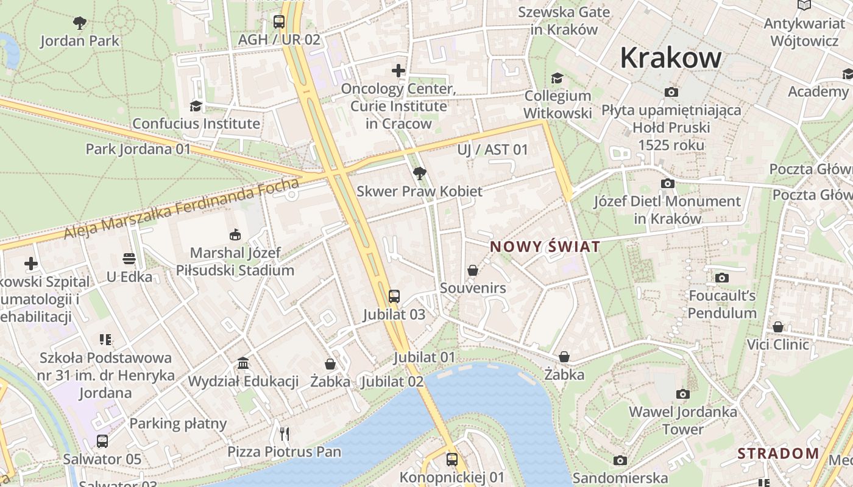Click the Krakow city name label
[671, 58]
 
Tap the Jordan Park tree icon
[79, 24]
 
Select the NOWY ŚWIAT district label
[545, 247]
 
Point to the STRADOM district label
[778, 454]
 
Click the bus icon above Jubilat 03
[394, 296]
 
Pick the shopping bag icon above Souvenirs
[473, 270]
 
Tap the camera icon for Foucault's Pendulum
[722, 278]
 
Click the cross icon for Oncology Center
[398, 71]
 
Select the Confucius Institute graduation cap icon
[196, 106]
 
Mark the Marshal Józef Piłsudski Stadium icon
[235, 234]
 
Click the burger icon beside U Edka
[129, 259]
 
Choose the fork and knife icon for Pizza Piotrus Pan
[284, 433]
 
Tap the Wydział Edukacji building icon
[243, 363]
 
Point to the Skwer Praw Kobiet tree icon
[419, 173]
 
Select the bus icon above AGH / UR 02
[279, 22]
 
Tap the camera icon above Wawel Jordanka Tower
[683, 394]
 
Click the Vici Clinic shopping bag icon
[778, 327]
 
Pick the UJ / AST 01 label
[492, 150]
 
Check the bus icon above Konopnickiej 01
[452, 460]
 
